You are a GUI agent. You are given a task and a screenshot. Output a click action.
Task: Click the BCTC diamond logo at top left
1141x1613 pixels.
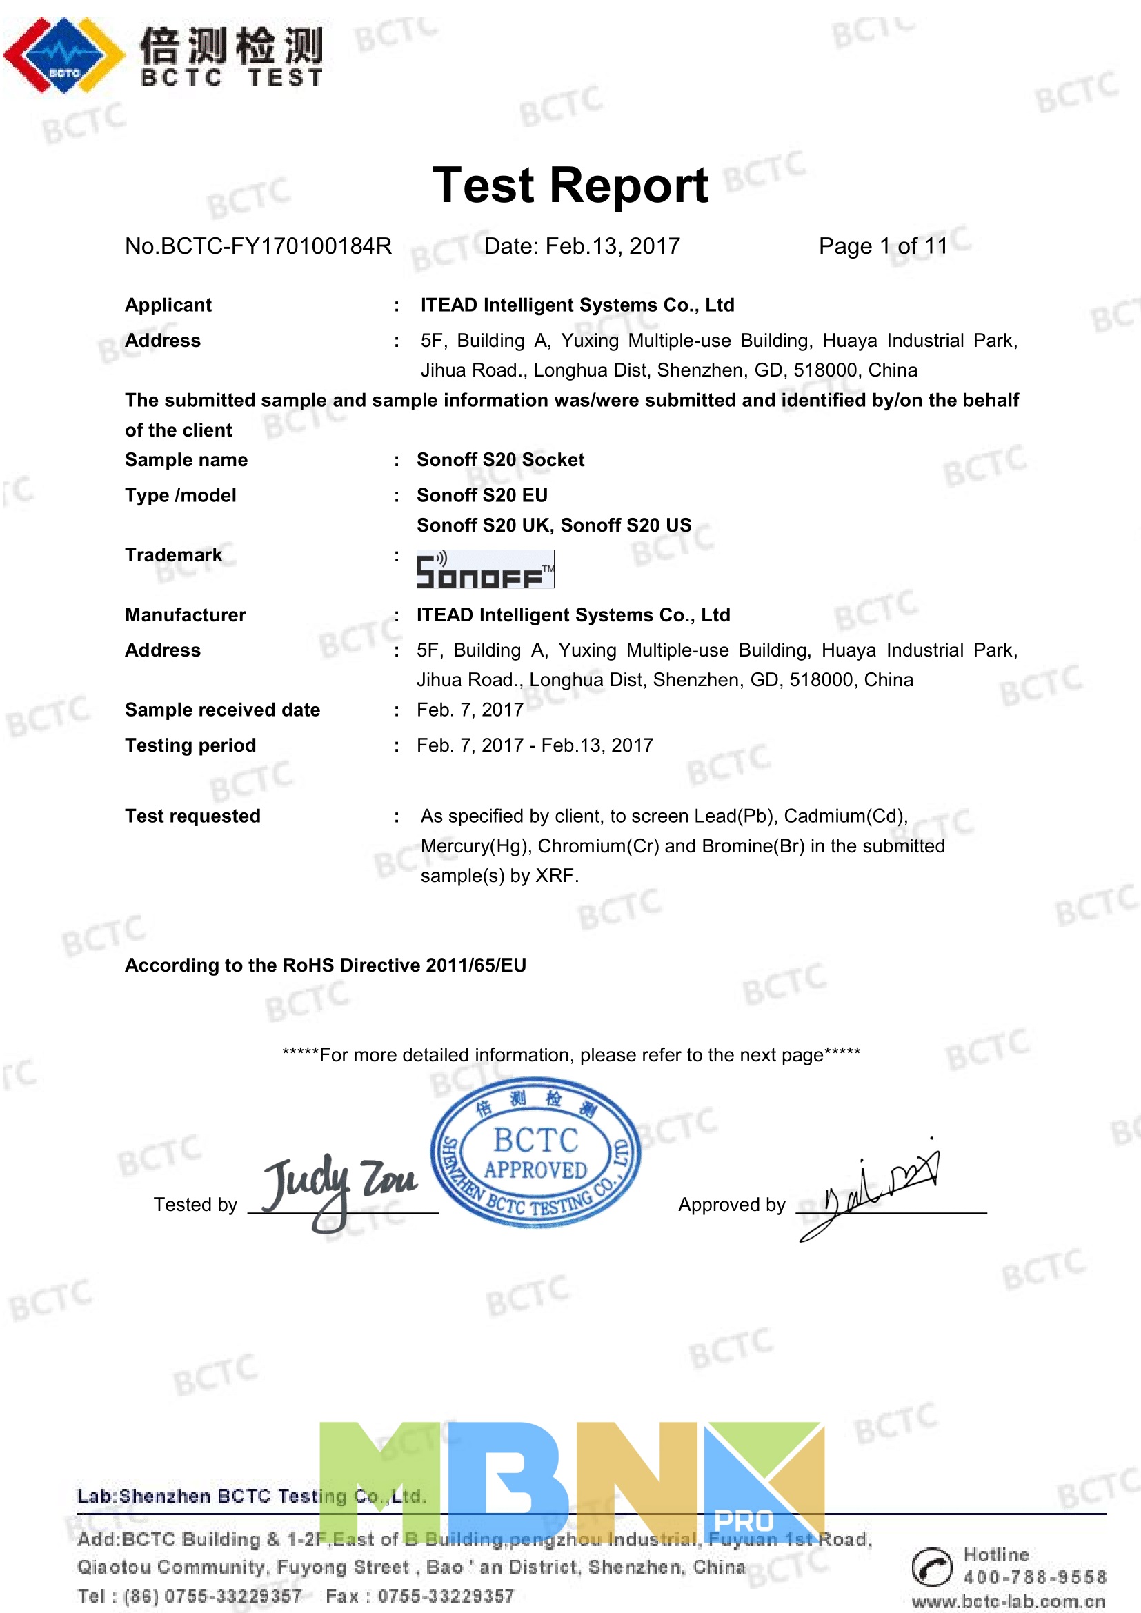pyautogui.click(x=63, y=54)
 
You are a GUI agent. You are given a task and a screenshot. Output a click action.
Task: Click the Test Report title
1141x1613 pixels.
pyautogui.click(x=570, y=186)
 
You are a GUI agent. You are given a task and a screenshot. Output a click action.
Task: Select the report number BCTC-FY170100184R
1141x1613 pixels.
pyautogui.click(x=258, y=246)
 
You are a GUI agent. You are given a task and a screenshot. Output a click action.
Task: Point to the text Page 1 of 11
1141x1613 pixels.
pyautogui.click(x=883, y=246)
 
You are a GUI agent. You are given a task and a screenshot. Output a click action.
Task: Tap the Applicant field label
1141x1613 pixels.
pyautogui.click(x=168, y=305)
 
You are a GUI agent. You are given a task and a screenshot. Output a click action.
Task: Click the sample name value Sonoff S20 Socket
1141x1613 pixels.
pyautogui.click(x=500, y=460)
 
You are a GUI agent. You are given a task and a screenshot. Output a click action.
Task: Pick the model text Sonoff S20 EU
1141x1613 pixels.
pyautogui.click(x=482, y=495)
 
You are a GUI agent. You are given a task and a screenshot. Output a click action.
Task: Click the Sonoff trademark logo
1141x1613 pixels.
pyautogui.click(x=485, y=570)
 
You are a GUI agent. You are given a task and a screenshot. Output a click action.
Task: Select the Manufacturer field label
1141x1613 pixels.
pyautogui.click(x=186, y=614)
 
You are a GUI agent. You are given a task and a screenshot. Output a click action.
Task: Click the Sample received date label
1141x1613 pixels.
pyautogui.click(x=222, y=710)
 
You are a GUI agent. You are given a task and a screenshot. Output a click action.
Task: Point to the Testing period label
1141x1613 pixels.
pyautogui.click(x=190, y=745)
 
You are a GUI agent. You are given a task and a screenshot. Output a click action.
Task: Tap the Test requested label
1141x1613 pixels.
pyautogui.click(x=192, y=816)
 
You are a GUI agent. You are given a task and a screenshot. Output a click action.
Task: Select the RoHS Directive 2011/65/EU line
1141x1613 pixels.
pyautogui.click(x=326, y=965)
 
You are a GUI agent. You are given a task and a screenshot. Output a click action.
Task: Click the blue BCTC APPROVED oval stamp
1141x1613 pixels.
pyautogui.click(x=535, y=1152)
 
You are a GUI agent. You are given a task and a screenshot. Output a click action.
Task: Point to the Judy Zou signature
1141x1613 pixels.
pyautogui.click(x=339, y=1188)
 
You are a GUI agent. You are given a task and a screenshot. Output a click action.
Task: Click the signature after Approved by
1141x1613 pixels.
pyautogui.click(x=878, y=1191)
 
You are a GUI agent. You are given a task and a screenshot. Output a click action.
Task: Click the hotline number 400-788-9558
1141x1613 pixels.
pyautogui.click(x=1034, y=1577)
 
